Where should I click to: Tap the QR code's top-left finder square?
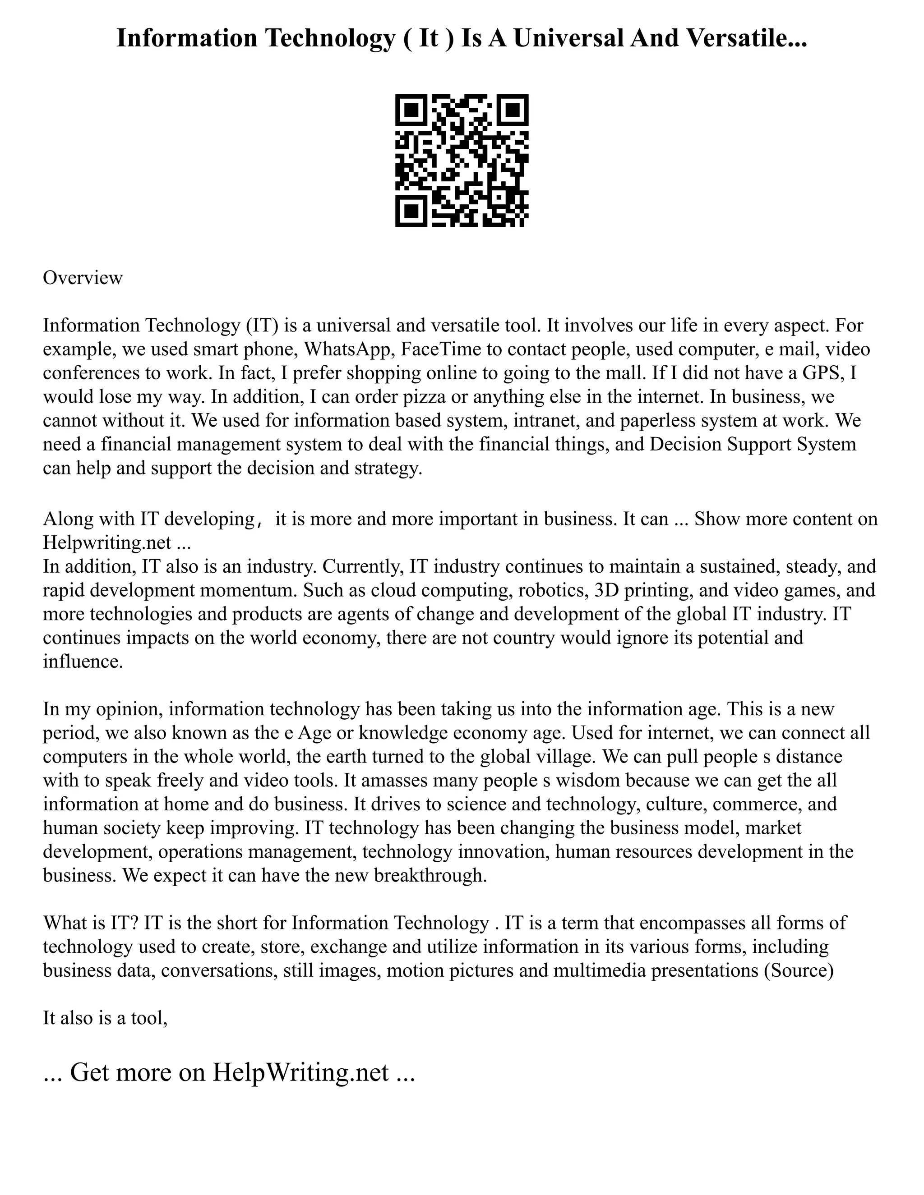(x=411, y=110)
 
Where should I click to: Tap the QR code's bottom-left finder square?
(x=411, y=211)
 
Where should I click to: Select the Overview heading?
(x=83, y=278)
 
